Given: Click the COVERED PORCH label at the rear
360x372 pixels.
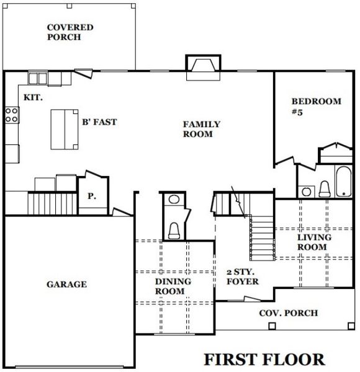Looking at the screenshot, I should (x=70, y=32).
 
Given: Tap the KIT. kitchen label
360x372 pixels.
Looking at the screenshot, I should (x=32, y=98).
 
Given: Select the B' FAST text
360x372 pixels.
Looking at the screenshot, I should (x=99, y=122).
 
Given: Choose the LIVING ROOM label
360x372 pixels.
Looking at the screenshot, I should (x=313, y=242).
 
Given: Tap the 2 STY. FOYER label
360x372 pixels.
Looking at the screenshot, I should (x=243, y=277).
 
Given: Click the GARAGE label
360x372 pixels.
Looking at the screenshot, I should (x=66, y=285).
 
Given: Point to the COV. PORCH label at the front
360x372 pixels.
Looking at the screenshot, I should (x=288, y=313).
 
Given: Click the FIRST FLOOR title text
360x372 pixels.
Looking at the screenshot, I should (x=264, y=359).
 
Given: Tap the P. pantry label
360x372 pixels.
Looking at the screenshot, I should (x=91, y=196).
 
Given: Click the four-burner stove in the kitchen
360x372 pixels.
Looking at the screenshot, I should (x=11, y=114).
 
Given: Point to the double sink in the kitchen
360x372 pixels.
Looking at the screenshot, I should (x=37, y=78).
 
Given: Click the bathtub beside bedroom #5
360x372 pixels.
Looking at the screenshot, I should (x=343, y=180).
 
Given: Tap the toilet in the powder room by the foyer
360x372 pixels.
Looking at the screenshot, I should (x=174, y=230).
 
